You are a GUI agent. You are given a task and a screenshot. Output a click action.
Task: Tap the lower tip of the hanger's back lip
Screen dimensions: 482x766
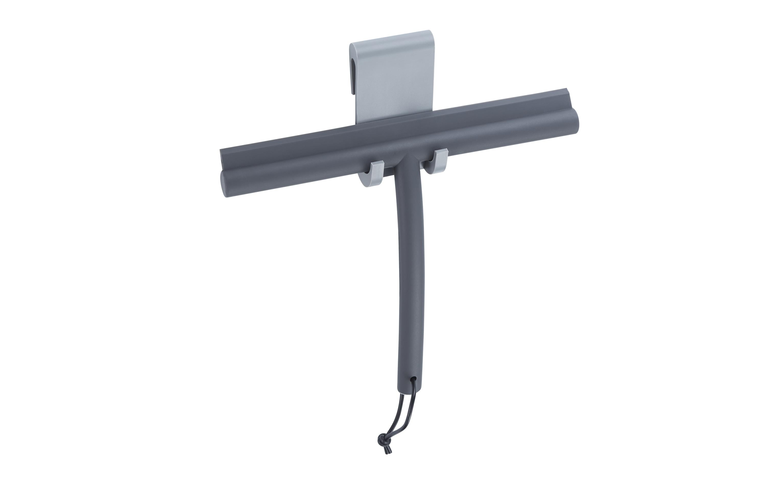tap(353, 93)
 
